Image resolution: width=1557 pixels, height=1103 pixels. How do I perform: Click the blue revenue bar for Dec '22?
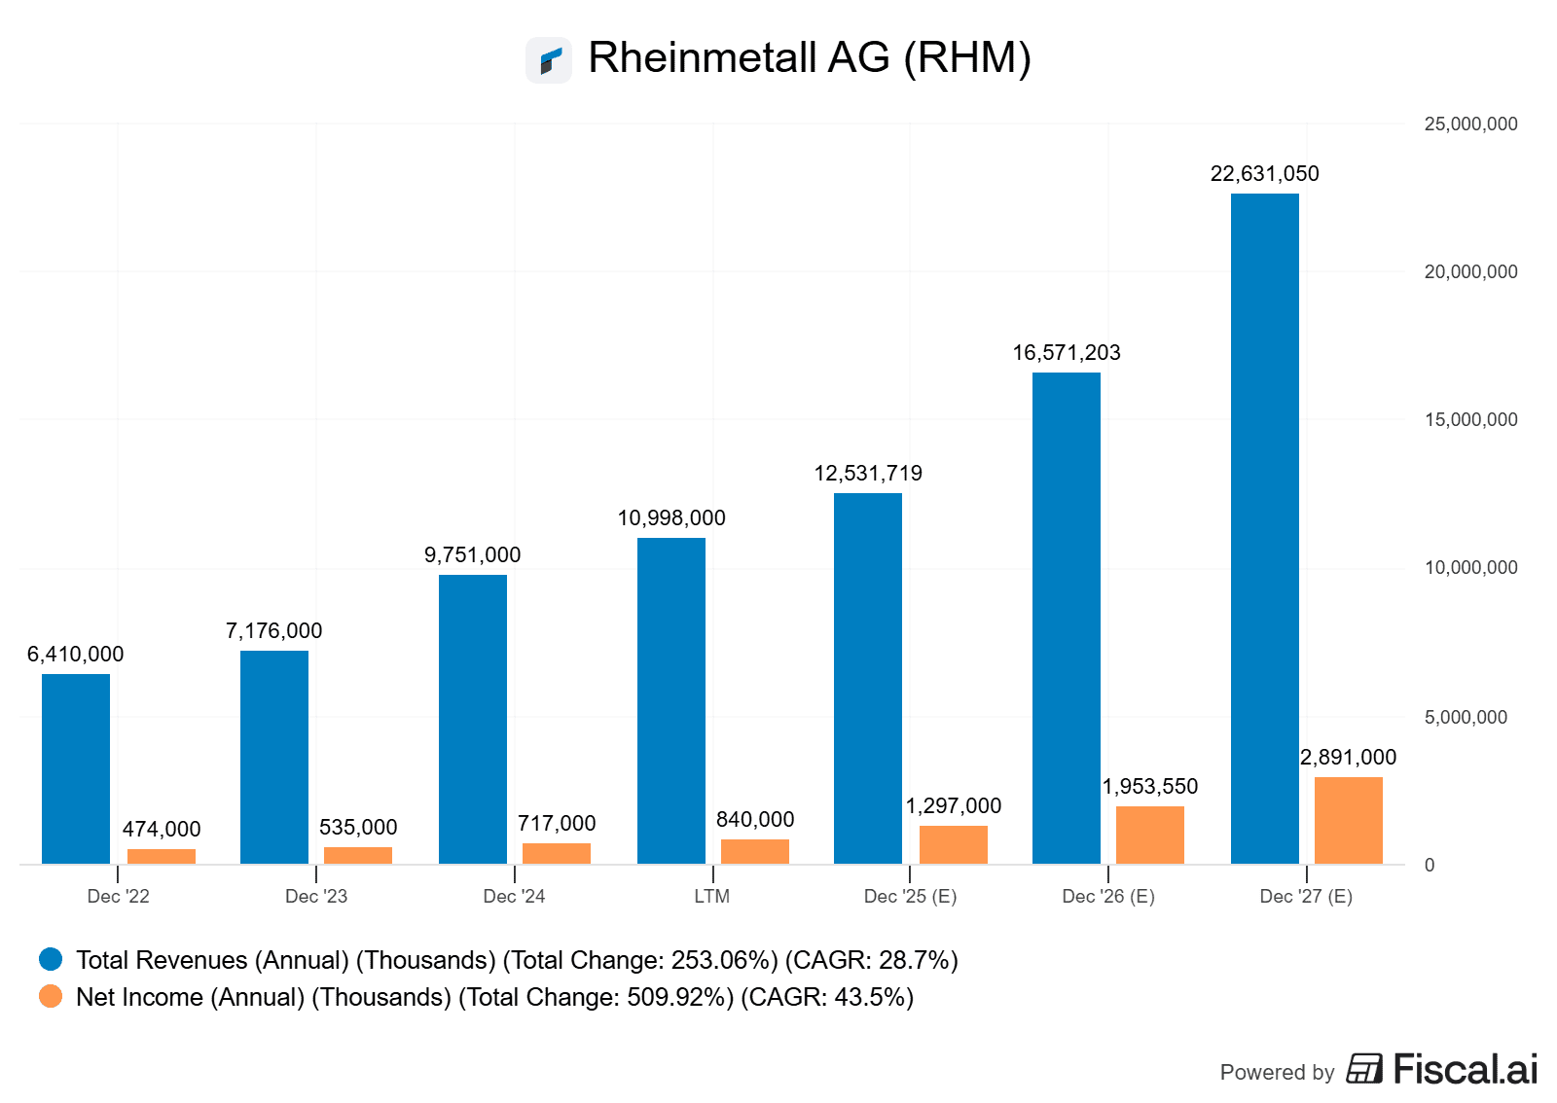tap(76, 768)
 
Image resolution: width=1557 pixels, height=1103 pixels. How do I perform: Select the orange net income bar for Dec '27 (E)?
tap(1348, 820)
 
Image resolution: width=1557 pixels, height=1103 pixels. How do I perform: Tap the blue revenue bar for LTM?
tap(671, 700)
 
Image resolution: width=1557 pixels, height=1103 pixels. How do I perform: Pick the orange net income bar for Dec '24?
tap(557, 853)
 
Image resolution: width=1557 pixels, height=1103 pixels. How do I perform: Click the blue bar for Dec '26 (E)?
tap(1067, 618)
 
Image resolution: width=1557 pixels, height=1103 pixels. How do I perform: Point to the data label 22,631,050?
tap(1264, 174)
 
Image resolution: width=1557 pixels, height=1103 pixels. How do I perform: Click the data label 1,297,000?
tap(954, 806)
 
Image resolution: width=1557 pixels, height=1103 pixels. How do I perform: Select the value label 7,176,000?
tap(273, 631)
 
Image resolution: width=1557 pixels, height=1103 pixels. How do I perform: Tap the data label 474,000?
tap(162, 830)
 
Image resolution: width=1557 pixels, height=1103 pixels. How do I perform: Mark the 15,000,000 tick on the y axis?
tap(1470, 420)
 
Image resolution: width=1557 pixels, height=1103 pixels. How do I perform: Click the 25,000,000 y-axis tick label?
tap(1470, 125)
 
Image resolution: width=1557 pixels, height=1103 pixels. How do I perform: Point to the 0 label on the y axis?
tap(1429, 866)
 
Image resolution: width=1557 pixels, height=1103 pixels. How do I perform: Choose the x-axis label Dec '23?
tap(316, 897)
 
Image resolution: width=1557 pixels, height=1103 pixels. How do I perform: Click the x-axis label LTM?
tap(711, 897)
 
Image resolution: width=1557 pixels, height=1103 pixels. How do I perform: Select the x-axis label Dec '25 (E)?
tap(910, 897)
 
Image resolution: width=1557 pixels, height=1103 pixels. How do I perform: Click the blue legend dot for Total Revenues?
tap(51, 960)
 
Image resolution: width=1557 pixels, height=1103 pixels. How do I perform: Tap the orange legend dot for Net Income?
tap(51, 997)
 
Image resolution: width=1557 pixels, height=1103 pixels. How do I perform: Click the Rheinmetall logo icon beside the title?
tap(549, 60)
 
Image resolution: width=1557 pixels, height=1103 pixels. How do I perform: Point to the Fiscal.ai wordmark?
tap(1465, 1069)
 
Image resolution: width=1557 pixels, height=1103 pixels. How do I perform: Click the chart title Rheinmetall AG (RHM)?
tap(809, 58)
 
